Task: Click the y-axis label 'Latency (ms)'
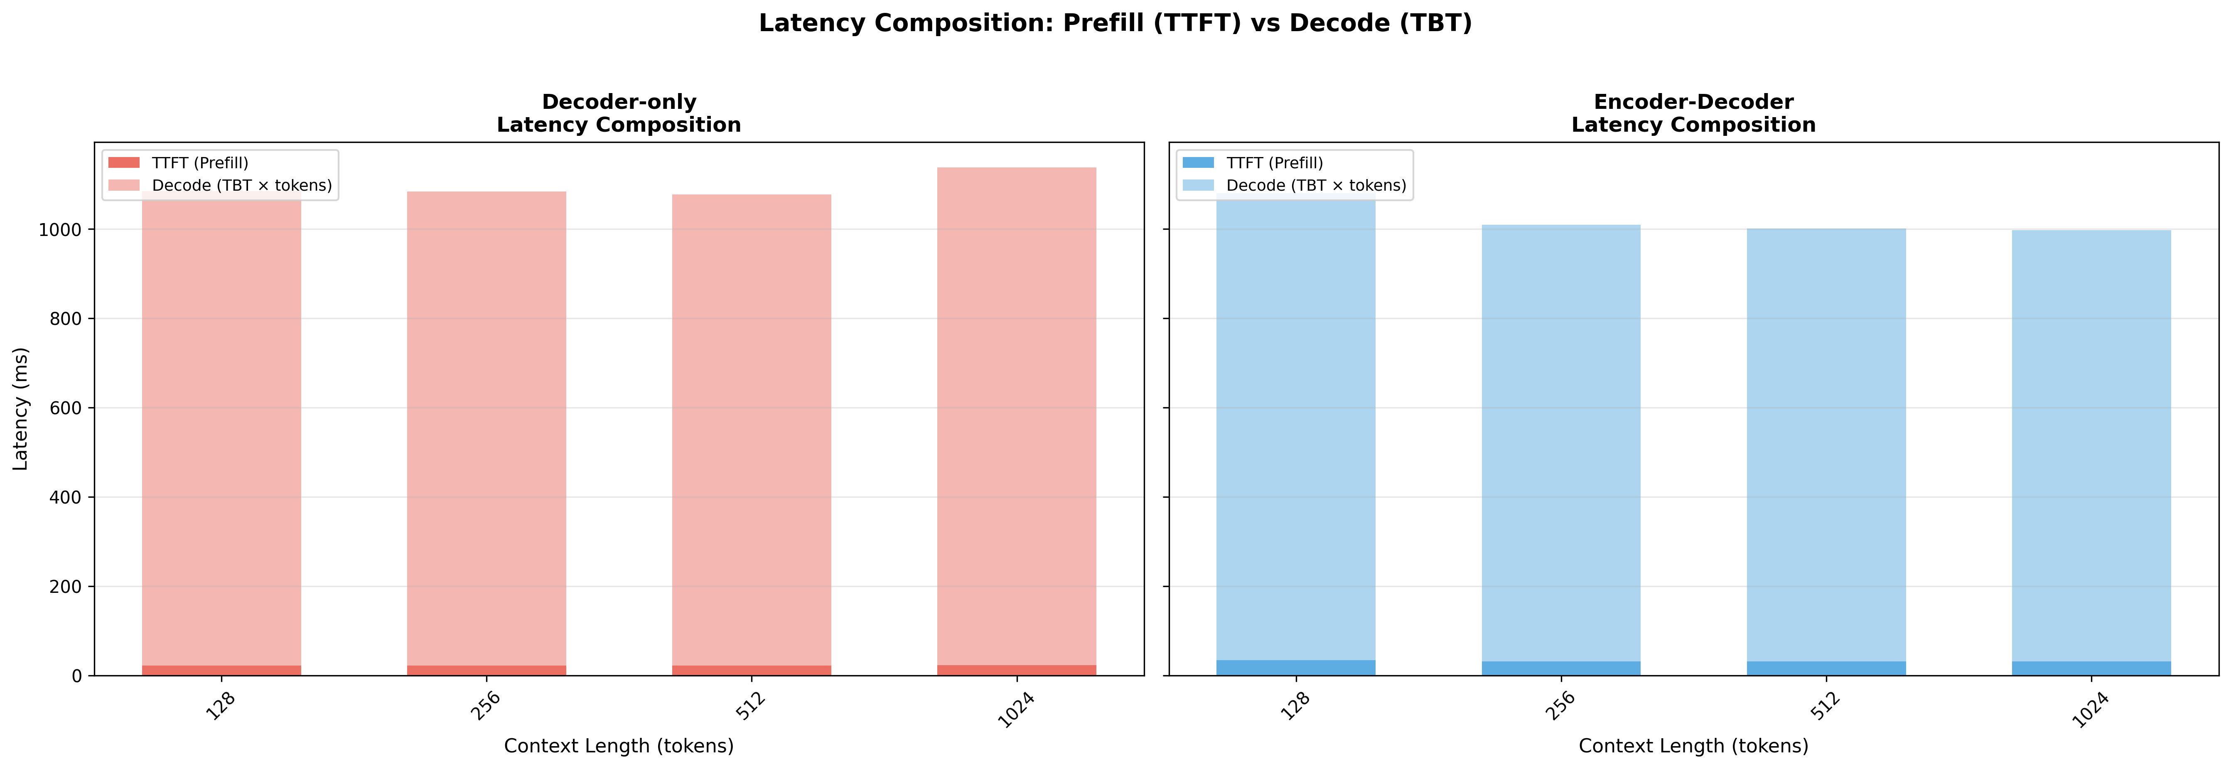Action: (21, 409)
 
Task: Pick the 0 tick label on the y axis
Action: (76, 676)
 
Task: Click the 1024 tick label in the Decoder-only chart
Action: (1015, 710)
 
